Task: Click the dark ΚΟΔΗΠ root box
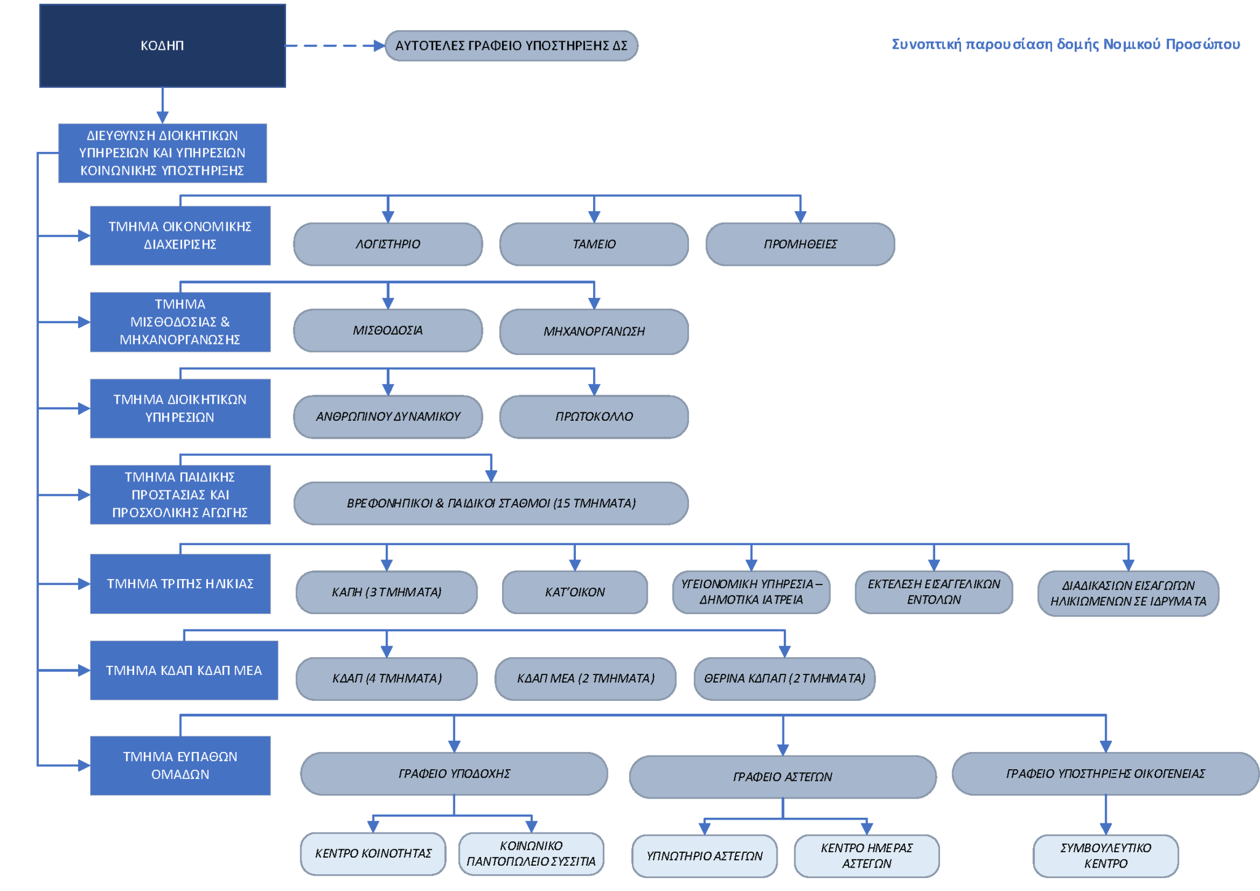162,46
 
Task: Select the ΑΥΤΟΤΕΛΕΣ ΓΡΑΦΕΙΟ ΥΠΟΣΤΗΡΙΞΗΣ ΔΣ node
511,46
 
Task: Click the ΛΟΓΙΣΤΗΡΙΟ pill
388,244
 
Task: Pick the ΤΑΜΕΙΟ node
594,244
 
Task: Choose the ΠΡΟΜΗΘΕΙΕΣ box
800,244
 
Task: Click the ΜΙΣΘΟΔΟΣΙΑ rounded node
388,330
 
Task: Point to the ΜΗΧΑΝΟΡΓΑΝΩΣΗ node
594,332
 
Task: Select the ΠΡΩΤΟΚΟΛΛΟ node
594,417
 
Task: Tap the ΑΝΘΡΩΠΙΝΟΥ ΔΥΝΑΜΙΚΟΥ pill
388,417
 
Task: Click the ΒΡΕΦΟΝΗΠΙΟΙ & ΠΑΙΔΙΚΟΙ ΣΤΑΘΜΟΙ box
491,503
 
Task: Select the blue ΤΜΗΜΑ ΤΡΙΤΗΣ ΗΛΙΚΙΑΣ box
180,583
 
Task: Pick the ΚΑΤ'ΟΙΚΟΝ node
575,592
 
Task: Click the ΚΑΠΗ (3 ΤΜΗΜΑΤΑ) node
386,592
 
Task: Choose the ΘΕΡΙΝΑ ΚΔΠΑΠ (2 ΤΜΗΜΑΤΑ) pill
784,679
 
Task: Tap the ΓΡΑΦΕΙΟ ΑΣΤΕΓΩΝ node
783,777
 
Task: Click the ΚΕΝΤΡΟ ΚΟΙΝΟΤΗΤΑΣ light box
373,853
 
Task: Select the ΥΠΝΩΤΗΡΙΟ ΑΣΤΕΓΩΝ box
704,856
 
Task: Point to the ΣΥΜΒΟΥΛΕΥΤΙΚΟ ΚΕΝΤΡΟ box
1106,856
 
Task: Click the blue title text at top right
1066,44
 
